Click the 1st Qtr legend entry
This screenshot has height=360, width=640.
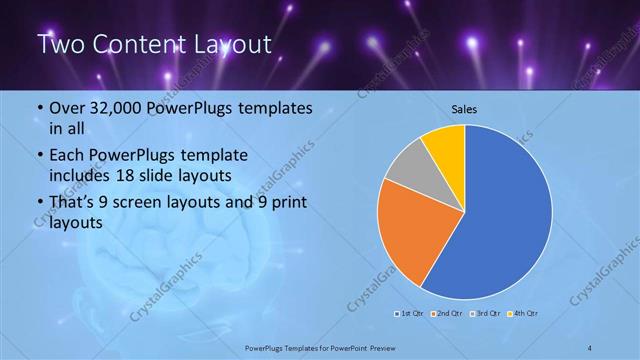[407, 315]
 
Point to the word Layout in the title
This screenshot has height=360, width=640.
[231, 45]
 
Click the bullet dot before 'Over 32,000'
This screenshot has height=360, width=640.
[39, 109]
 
